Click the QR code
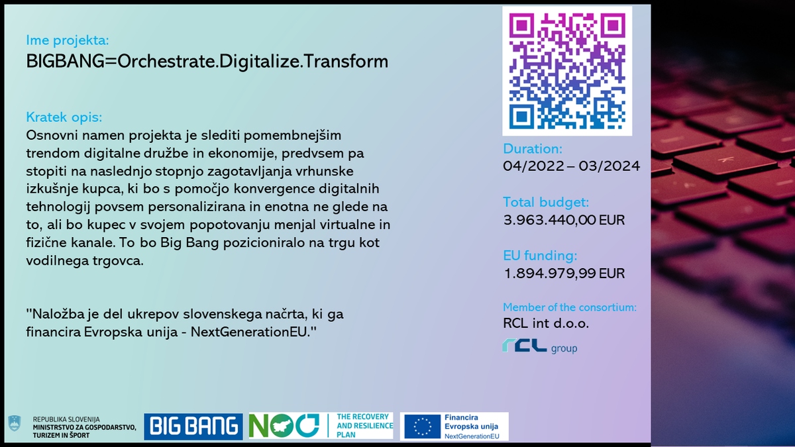567,71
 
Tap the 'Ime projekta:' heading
68,40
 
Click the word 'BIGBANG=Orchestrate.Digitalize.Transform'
207,62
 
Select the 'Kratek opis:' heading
64,117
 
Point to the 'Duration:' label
533,149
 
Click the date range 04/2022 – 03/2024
571,166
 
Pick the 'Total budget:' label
546,202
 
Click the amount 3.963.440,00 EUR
564,220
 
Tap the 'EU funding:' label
540,256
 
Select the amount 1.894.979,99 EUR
564,273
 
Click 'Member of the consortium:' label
570,307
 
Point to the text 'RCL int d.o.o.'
546,323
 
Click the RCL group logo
539,346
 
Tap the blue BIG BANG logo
193,426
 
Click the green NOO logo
284,425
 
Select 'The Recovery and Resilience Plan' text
364,426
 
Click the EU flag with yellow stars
423,426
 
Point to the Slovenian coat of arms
15,423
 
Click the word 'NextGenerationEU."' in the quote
253,332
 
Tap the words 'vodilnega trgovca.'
85,261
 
